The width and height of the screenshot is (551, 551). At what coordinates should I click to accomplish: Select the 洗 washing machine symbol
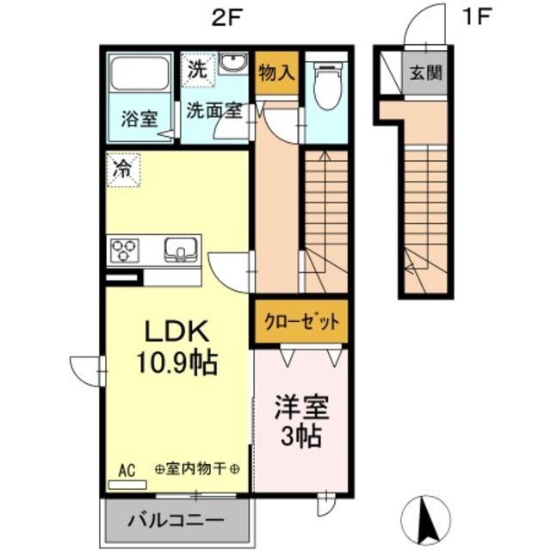[197, 70]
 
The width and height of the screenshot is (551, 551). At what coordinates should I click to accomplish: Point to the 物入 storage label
[275, 73]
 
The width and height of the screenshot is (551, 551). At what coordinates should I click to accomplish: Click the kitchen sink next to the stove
[181, 250]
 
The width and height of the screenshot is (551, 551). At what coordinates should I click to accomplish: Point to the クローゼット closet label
[301, 324]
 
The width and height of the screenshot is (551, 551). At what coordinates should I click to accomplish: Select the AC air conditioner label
[127, 470]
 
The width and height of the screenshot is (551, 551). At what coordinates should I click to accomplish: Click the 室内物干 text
[196, 469]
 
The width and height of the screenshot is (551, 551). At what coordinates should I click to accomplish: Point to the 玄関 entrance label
[425, 73]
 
